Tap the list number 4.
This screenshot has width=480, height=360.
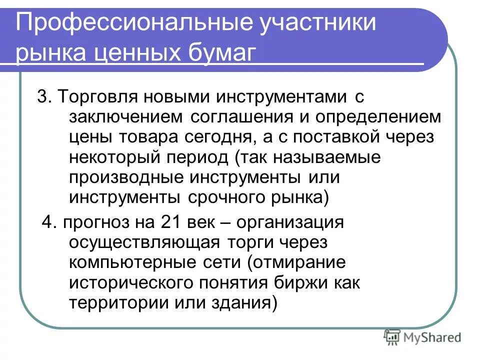(x=47, y=222)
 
